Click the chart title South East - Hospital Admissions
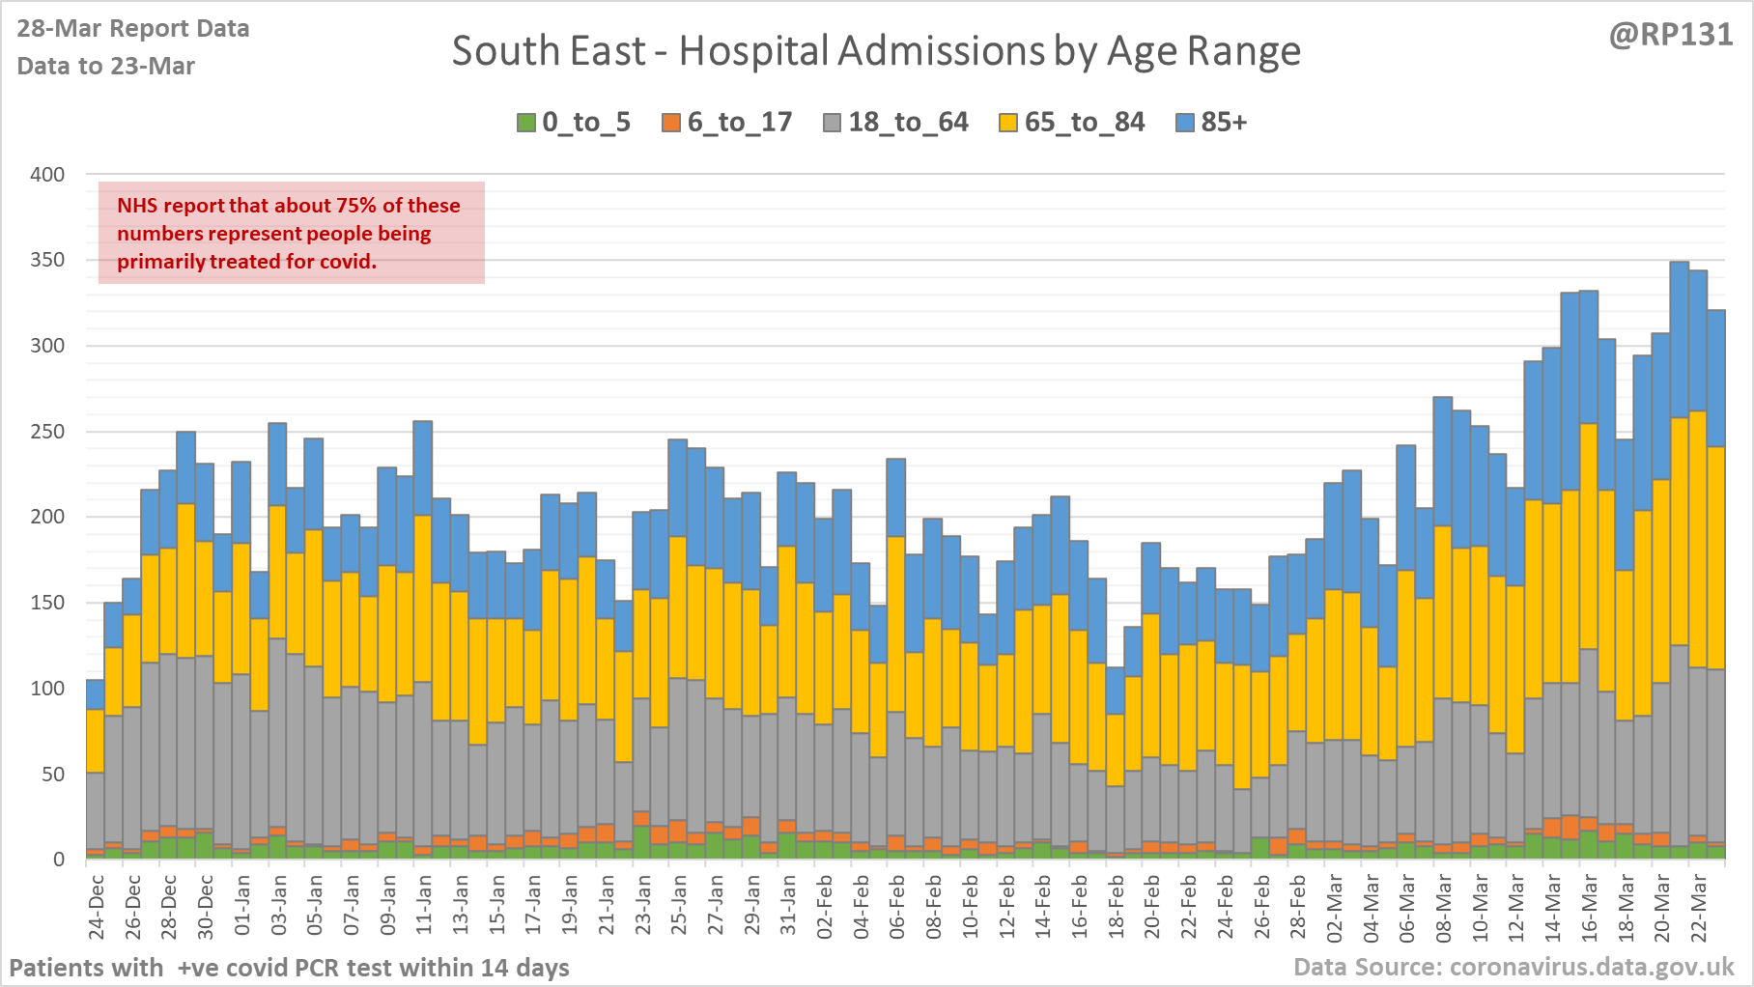pyautogui.click(x=876, y=51)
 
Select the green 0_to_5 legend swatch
pyautogui.click(x=526, y=123)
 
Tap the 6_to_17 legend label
pyautogui.click(x=740, y=123)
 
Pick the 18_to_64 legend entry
pyautogui.click(x=908, y=123)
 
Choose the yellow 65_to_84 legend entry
pyautogui.click(x=1084, y=123)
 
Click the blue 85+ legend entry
pyautogui.click(x=1223, y=123)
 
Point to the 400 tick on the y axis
pyautogui.click(x=47, y=175)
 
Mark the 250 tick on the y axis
pyautogui.click(x=47, y=432)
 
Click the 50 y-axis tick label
pyautogui.click(x=53, y=775)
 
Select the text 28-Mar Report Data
pyautogui.click(x=133, y=29)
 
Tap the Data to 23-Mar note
pyautogui.click(x=106, y=66)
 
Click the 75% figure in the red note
pyautogui.click(x=357, y=206)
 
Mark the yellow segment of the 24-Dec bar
pyautogui.click(x=96, y=741)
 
